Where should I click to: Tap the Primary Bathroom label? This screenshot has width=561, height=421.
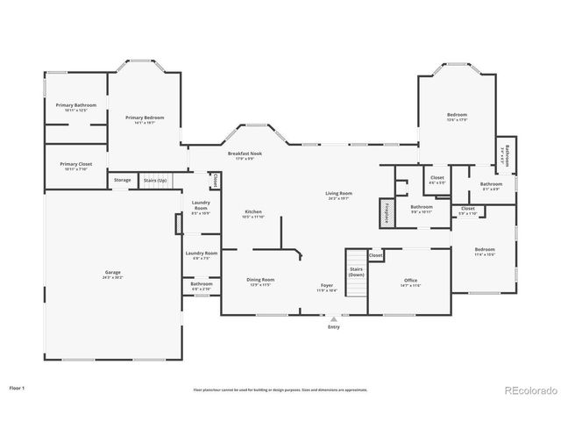(75, 106)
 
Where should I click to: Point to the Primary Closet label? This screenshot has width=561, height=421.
(75, 166)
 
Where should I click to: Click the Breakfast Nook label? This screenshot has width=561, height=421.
(245, 155)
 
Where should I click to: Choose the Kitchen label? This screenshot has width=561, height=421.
(253, 213)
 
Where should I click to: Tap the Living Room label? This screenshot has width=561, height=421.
(338, 195)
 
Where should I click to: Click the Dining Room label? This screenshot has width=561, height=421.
(260, 282)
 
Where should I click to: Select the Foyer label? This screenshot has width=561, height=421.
(326, 286)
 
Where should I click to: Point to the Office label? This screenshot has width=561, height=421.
(411, 282)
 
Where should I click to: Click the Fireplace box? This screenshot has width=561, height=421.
(387, 214)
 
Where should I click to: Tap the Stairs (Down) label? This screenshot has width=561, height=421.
(356, 272)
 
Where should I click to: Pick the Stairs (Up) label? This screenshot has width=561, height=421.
(180, 180)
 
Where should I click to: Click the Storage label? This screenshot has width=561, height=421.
(123, 180)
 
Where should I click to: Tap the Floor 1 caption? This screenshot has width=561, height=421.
(18, 387)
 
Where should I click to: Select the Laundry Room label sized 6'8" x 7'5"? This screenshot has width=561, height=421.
(201, 255)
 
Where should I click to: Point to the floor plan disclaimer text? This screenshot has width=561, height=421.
(280, 389)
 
